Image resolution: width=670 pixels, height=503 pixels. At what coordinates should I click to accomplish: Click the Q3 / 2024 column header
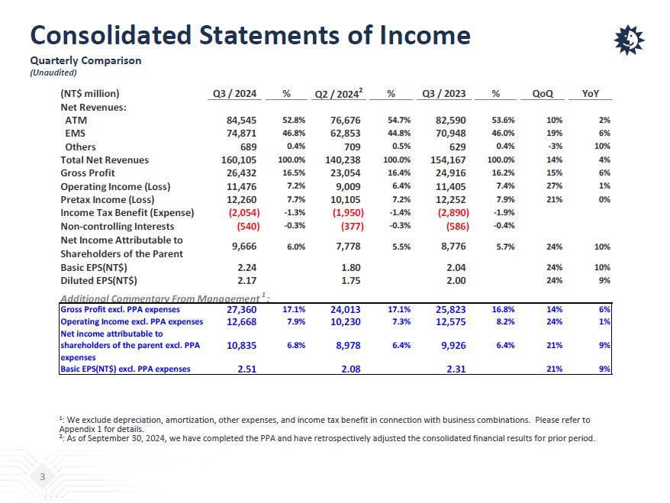tap(234, 94)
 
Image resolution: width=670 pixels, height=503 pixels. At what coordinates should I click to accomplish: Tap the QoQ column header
tap(543, 94)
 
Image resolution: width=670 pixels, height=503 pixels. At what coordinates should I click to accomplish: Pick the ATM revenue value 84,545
tap(242, 121)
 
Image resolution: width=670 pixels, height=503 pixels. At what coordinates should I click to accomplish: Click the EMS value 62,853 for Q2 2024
tap(346, 134)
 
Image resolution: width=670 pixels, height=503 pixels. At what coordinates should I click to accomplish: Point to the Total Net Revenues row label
tap(105, 160)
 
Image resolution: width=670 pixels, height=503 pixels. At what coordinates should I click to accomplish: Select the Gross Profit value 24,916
tap(451, 173)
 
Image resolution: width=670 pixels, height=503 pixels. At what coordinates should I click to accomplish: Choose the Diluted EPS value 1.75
tap(350, 281)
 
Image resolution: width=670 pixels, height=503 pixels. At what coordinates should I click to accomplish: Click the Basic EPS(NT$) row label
tap(94, 268)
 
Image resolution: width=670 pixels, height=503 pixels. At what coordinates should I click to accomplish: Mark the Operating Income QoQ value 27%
tap(554, 186)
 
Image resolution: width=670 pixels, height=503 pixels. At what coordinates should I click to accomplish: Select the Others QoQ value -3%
tap(555, 147)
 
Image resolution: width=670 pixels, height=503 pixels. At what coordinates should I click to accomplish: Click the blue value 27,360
tap(242, 310)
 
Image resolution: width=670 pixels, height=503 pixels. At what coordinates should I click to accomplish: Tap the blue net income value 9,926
tap(451, 346)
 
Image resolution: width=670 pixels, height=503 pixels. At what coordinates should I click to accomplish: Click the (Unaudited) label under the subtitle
tap(53, 73)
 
